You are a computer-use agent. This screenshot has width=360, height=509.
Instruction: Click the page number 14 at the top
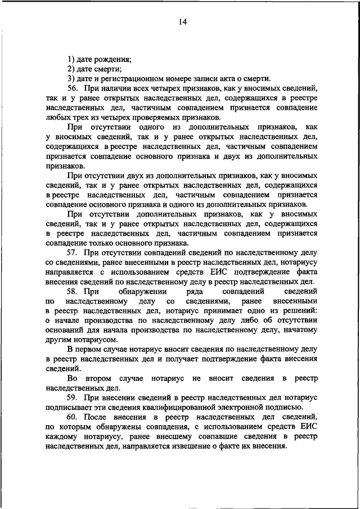183,22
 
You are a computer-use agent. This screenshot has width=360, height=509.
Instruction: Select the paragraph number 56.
73,89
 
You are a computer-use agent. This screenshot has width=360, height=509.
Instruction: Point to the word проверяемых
174,118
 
